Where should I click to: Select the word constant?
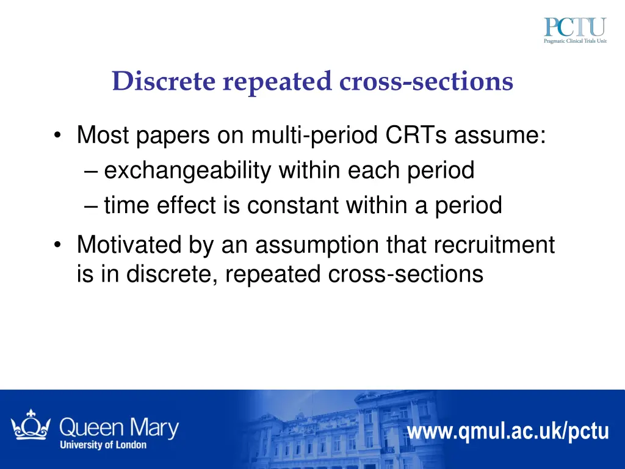click(x=293, y=206)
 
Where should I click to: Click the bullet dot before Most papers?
click(x=57, y=136)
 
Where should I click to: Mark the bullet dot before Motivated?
click(x=57, y=246)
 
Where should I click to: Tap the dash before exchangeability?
click(x=92, y=171)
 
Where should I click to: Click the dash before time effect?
click(x=92, y=206)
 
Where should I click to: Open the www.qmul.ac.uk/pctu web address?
click(x=508, y=431)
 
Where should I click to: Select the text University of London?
click(x=103, y=445)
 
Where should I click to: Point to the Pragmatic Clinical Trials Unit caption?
click(x=575, y=41)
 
